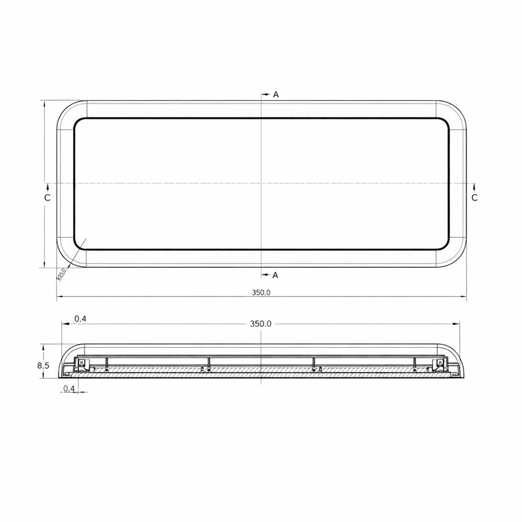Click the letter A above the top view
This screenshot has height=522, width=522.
click(276, 95)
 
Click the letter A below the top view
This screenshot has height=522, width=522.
click(275, 275)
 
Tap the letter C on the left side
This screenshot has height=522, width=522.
click(47, 198)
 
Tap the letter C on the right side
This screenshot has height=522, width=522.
click(474, 198)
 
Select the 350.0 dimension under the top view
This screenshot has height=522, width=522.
click(261, 293)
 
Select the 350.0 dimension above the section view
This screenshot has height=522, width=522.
click(260, 324)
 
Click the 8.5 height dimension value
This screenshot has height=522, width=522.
click(43, 366)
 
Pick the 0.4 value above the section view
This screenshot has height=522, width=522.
click(80, 319)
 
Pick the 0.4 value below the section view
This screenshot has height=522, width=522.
click(69, 388)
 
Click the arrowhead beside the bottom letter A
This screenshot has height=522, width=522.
click(266, 275)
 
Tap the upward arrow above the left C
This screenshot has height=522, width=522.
click(48, 186)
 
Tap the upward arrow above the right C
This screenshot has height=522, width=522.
click(474, 186)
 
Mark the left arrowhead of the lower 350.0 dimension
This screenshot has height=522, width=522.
click(59, 297)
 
